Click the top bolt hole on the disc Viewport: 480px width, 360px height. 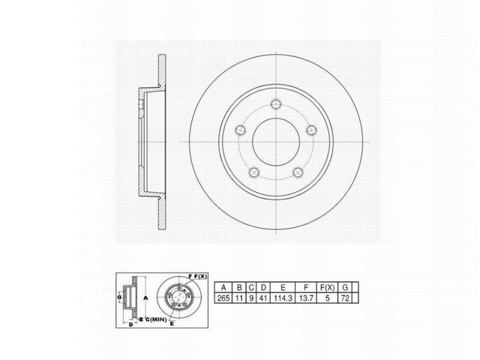coord(277,104)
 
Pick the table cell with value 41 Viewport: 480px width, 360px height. coord(265,297)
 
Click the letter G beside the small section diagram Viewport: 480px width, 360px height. coord(119,298)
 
